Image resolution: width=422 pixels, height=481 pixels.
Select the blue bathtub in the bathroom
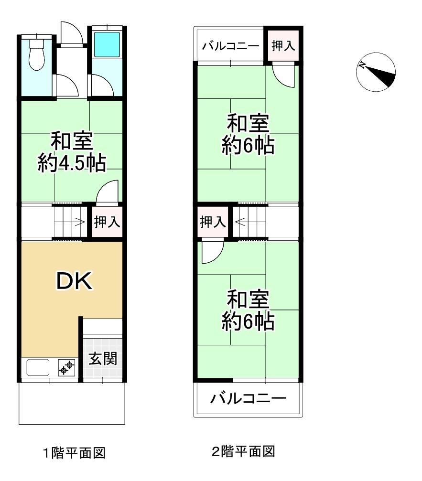coord(107,44)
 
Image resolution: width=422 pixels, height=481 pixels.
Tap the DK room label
coord(74,281)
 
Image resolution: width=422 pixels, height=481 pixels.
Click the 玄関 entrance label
coord(103,359)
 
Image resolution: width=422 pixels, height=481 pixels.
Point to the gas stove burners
coord(66,367)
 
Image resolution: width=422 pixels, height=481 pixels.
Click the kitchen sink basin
coord(38,367)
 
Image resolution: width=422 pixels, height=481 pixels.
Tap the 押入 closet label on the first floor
coord(107,222)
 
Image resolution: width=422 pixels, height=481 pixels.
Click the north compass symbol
coord(376,72)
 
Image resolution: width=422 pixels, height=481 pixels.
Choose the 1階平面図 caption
coord(74,453)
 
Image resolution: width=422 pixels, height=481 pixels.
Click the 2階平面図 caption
coord(243,451)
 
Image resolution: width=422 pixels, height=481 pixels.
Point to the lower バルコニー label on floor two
coord(248,398)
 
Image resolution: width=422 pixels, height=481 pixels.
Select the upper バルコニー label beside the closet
coord(230,46)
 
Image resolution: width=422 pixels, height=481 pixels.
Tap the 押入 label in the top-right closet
coord(283,46)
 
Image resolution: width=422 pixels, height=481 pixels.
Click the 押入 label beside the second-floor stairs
coord(213,222)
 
